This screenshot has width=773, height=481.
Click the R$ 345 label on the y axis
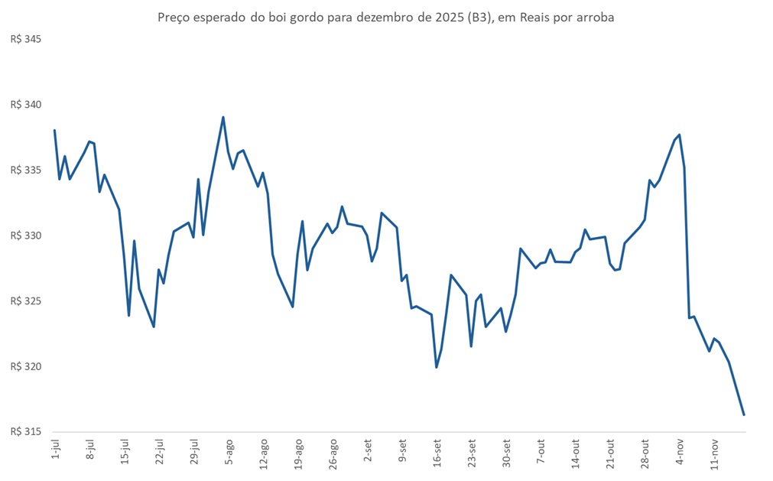point(24,39)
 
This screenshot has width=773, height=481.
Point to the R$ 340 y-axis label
point(24,105)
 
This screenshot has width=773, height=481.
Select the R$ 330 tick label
point(24,236)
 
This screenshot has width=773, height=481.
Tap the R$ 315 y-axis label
point(24,432)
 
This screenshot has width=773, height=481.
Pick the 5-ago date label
point(229,452)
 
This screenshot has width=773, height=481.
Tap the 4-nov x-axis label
point(681,452)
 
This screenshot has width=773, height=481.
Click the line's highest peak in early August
point(222,117)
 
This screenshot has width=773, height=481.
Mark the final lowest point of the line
point(744,415)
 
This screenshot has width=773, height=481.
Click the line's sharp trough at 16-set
point(437,367)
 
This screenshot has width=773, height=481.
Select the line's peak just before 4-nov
point(680,135)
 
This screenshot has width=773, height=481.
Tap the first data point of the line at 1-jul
point(54,130)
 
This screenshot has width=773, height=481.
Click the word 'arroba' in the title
point(596,17)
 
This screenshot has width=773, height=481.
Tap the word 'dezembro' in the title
point(379,17)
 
